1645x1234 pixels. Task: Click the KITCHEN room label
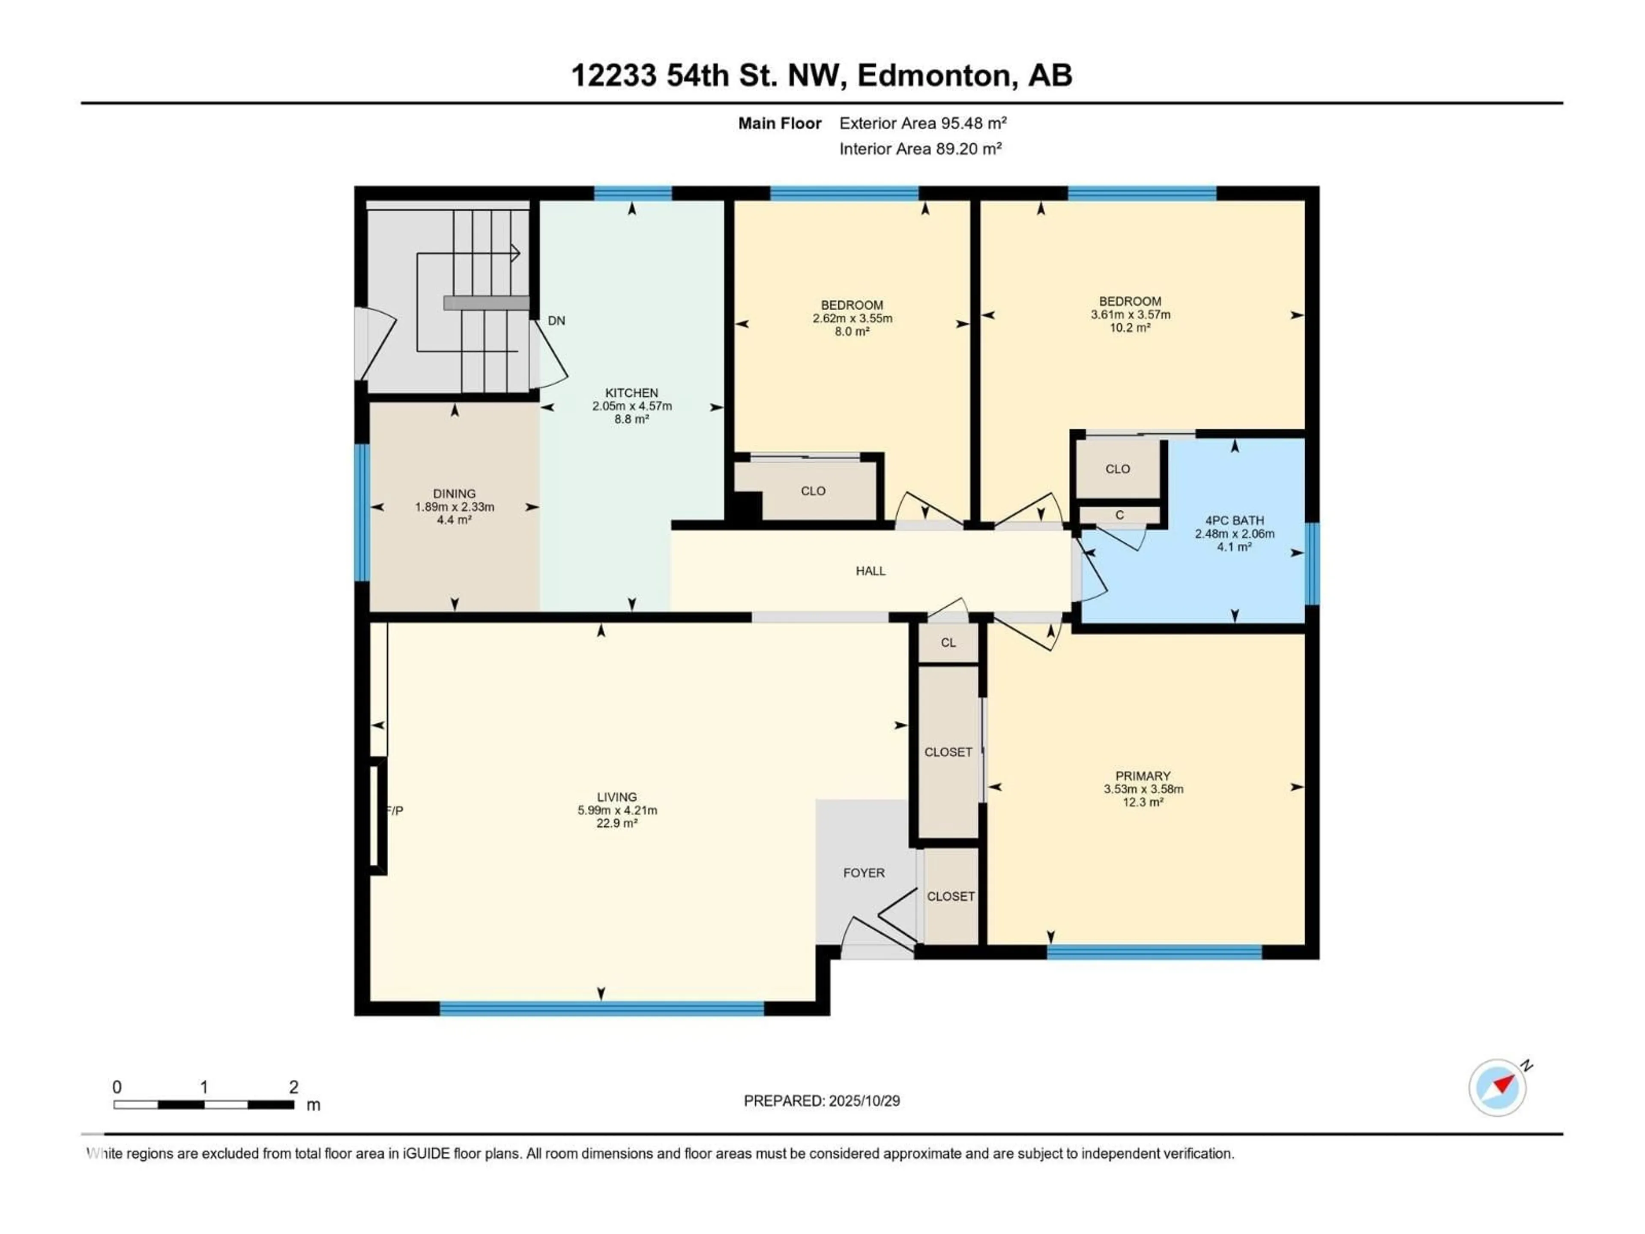[x=631, y=393]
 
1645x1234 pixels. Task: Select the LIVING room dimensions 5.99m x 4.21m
[x=617, y=810]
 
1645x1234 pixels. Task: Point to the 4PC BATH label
[x=1235, y=521]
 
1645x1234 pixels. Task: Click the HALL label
[x=870, y=571]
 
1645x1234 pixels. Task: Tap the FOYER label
[x=863, y=872]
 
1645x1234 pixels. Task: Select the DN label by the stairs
[x=556, y=320]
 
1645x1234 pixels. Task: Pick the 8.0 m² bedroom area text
[x=852, y=332]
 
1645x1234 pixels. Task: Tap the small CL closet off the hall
[x=948, y=643]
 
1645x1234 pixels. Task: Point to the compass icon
[x=1497, y=1087]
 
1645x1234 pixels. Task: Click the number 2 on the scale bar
[x=294, y=1087]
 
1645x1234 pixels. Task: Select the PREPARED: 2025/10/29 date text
[x=822, y=1101]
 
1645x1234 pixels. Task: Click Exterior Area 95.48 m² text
[x=923, y=123]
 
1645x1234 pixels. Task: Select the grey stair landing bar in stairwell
[x=486, y=303]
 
